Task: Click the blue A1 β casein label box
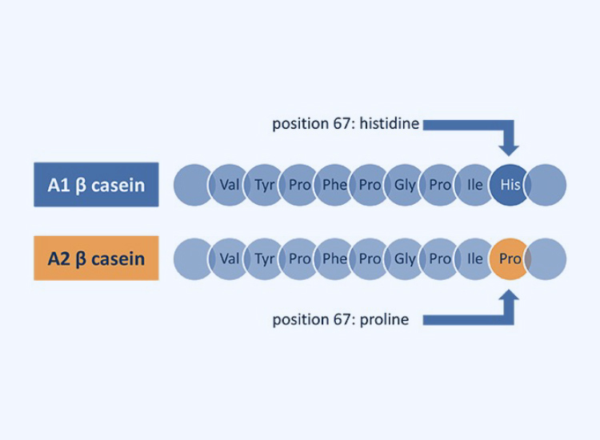(96, 185)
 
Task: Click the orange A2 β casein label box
(96, 258)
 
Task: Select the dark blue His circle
(510, 185)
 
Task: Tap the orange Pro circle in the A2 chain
(510, 258)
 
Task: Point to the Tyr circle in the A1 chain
(265, 185)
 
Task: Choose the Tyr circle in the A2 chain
(265, 258)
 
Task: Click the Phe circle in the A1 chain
(334, 185)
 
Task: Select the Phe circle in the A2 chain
(334, 258)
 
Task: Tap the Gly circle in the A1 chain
(405, 185)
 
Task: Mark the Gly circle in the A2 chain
(405, 258)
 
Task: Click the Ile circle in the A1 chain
(475, 185)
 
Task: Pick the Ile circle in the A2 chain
(475, 258)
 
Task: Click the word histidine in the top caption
(390, 124)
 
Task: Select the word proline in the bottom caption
(383, 319)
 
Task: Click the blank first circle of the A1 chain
(193, 185)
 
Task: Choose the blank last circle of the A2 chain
(547, 258)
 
